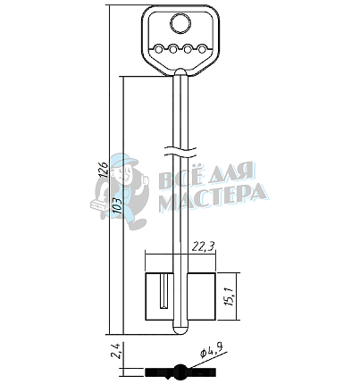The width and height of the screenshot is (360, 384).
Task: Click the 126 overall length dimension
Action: click(104, 170)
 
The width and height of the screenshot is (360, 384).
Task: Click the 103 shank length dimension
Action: click(117, 205)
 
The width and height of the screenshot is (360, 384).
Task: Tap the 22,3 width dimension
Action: click(203, 246)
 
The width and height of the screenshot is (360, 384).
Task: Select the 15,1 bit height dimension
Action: click(230, 296)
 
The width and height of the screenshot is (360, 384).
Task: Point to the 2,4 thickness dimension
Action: click(115, 351)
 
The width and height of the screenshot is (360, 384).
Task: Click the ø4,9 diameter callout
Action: click(212, 351)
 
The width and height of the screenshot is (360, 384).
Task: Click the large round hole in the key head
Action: click(180, 24)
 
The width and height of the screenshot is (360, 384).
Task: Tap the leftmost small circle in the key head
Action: click(159, 49)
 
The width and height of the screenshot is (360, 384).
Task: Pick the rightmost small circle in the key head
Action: click(203, 49)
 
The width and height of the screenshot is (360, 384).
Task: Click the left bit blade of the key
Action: click(159, 296)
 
